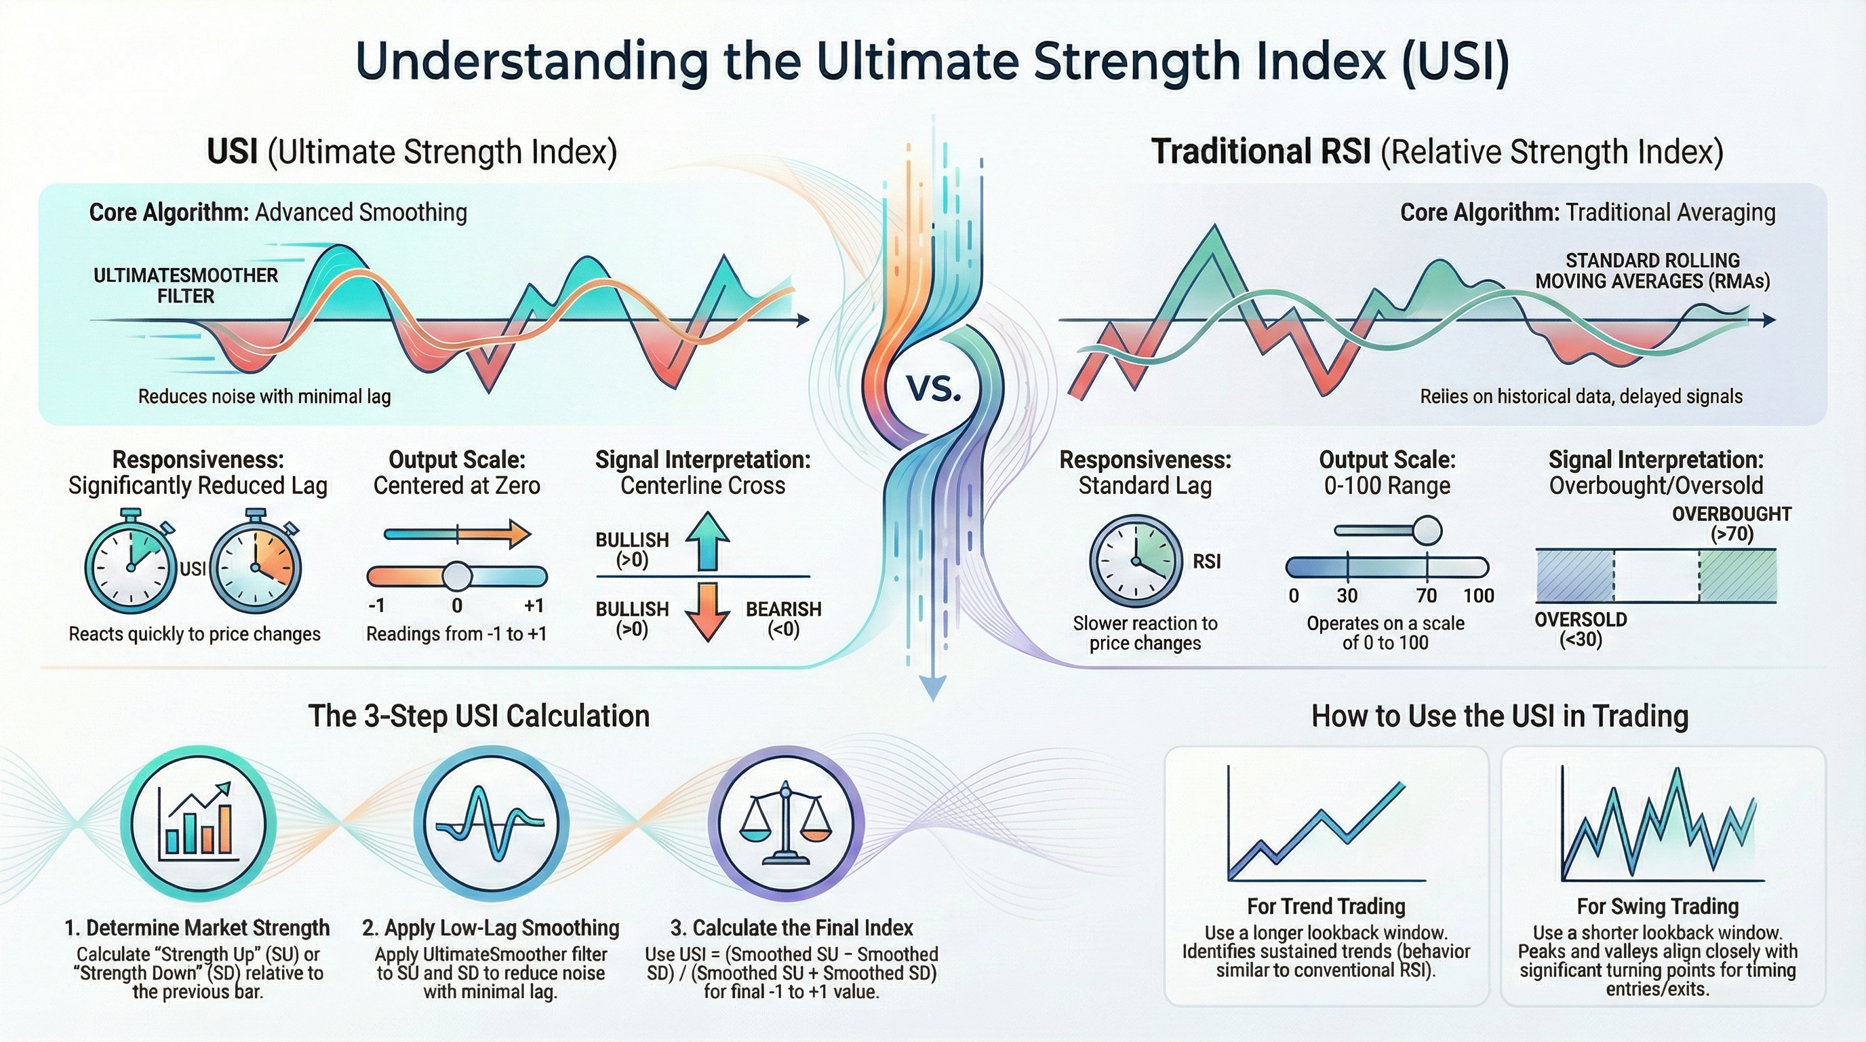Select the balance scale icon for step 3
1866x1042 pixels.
(786, 822)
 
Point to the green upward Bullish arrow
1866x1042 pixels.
(707, 541)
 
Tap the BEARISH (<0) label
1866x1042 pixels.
(784, 619)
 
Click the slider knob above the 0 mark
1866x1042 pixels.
(457, 577)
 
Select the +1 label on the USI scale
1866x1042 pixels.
(533, 606)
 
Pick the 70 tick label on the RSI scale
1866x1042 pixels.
(1427, 596)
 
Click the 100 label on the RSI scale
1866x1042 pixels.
(1478, 596)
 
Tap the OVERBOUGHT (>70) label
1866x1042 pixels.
(1731, 524)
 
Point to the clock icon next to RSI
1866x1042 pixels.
(1136, 561)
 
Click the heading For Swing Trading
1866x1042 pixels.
(1658, 906)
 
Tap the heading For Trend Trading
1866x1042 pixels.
(1326, 906)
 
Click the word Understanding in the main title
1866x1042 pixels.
(532, 64)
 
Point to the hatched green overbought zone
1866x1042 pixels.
(1738, 575)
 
